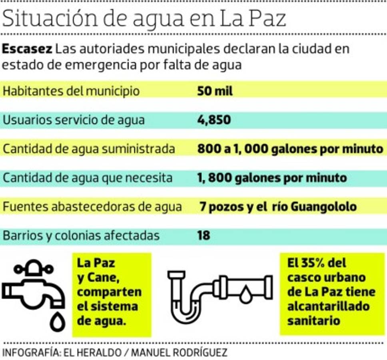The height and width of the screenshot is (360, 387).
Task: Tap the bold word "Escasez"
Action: (27, 49)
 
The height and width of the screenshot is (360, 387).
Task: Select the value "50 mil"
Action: (215, 91)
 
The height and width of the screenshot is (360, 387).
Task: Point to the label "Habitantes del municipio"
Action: (71, 91)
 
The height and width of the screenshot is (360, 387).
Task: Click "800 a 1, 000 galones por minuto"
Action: (290, 149)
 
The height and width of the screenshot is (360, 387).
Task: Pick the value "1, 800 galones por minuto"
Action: (272, 178)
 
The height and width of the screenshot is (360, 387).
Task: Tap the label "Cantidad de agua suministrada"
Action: (89, 149)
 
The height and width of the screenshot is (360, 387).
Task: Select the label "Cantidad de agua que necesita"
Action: (88, 178)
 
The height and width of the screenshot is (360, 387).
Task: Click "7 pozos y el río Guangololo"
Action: (278, 207)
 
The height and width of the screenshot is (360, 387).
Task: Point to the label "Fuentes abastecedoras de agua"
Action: (92, 207)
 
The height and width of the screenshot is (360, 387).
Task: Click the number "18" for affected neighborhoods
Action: (203, 236)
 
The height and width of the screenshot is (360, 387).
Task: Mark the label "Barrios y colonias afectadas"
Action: (81, 236)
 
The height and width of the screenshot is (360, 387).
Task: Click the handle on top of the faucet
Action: (33, 268)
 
